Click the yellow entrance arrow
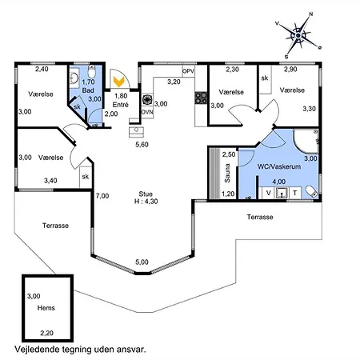tap(118, 82)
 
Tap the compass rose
tap(298, 35)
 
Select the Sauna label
tap(227, 173)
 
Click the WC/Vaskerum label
tap(279, 166)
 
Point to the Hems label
tap(46, 308)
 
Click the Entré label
tap(121, 105)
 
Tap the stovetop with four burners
tap(201, 98)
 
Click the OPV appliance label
tap(188, 72)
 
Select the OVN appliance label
tap(147, 112)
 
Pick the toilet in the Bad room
tap(91, 70)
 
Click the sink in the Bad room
tap(74, 78)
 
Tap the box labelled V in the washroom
tap(269, 193)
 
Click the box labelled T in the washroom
tap(295, 193)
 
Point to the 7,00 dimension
tap(102, 196)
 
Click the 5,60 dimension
tap(142, 145)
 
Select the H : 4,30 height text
tap(146, 202)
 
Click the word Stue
tap(146, 194)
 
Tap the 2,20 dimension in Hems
tap(47, 333)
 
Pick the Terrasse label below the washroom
tap(260, 217)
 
